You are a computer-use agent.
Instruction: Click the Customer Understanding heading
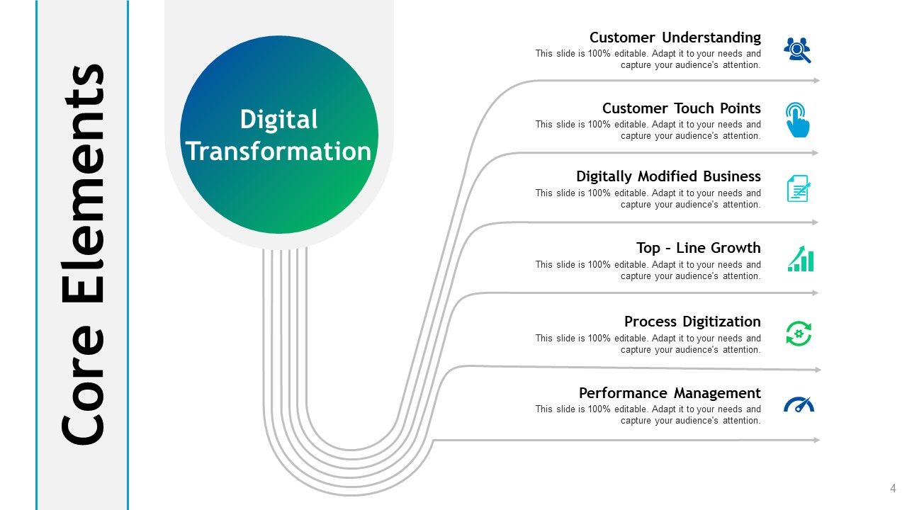pyautogui.click(x=675, y=38)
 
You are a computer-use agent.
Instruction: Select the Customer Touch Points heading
pyautogui.click(x=681, y=108)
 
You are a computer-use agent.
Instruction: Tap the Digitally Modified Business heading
pyautogui.click(x=668, y=176)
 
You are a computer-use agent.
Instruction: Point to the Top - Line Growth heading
pyautogui.click(x=698, y=248)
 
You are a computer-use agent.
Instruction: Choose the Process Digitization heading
pyautogui.click(x=692, y=322)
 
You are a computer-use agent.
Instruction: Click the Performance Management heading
pyautogui.click(x=670, y=393)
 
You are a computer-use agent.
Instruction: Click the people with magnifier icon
pyautogui.click(x=797, y=50)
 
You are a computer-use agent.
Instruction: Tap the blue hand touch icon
pyautogui.click(x=798, y=120)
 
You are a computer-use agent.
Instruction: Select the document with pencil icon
pyautogui.click(x=799, y=189)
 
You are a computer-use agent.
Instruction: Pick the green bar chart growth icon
pyautogui.click(x=801, y=259)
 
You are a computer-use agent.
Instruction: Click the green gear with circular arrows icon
pyautogui.click(x=799, y=334)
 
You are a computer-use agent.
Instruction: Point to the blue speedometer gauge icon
pyautogui.click(x=799, y=405)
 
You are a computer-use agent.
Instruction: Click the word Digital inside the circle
pyautogui.click(x=278, y=119)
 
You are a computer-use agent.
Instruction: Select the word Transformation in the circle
pyautogui.click(x=278, y=151)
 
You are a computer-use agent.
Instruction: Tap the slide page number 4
pyautogui.click(x=893, y=488)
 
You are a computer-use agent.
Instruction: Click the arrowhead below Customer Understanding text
pyautogui.click(x=816, y=81)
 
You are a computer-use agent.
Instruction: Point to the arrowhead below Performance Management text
pyautogui.click(x=816, y=441)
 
